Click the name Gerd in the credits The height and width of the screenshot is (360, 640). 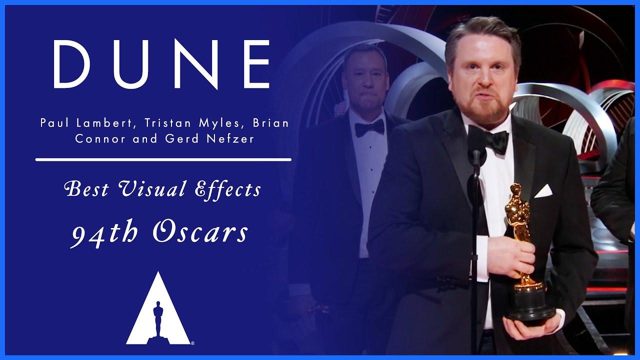(188, 138)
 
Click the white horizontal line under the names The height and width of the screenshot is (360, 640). (163, 160)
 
